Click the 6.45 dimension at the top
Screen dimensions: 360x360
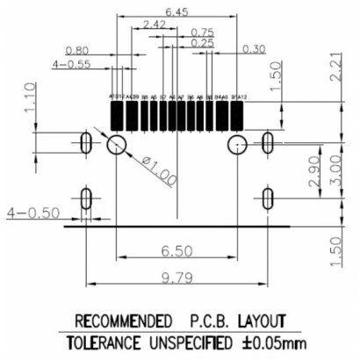[176, 12]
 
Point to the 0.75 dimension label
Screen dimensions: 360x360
[202, 32]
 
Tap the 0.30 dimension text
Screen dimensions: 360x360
[254, 48]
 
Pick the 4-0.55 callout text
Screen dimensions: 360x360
[71, 64]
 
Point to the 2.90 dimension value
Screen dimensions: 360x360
[314, 175]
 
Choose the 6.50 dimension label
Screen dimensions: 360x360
[176, 251]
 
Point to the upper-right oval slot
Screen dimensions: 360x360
[268, 141]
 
